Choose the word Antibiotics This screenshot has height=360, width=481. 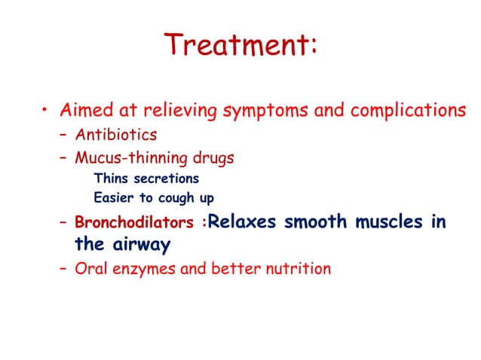pos(115,136)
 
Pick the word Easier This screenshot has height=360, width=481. pos(112,198)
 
